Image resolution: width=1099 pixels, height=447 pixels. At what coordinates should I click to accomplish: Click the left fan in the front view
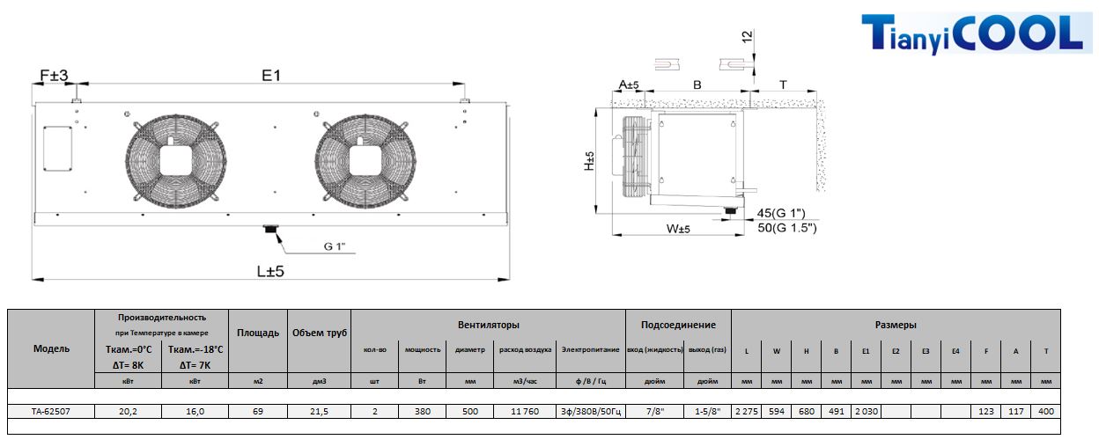pos(175,161)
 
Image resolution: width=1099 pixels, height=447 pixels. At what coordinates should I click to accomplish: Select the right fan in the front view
pos(365,161)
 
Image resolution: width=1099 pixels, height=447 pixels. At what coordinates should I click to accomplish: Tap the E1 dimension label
pos(271,76)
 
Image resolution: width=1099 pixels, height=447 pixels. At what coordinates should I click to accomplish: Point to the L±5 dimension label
pos(270,271)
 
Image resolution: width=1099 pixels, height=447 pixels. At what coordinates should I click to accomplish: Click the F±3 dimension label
pos(54,76)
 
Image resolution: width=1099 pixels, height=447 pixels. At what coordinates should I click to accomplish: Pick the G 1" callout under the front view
pos(335,246)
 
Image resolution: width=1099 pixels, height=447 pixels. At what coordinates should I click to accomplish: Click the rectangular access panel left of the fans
pos(57,149)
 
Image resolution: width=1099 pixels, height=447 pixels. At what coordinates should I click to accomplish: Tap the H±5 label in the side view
pos(589,161)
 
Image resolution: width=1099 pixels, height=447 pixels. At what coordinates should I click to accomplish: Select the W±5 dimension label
pos(678,229)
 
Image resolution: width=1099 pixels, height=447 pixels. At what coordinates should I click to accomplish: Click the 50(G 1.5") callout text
pos(787,227)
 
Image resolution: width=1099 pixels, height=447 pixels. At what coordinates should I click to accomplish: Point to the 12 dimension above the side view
pos(747,37)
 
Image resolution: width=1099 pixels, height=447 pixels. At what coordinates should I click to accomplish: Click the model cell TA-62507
pos(51,411)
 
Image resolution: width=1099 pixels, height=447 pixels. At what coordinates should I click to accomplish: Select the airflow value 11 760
pos(525,411)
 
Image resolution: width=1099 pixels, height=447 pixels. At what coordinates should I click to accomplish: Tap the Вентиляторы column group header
pos(488,325)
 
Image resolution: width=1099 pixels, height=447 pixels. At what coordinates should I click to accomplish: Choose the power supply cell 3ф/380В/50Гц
pos(591,411)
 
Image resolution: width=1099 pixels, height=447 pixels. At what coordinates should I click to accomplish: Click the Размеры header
pos(896,325)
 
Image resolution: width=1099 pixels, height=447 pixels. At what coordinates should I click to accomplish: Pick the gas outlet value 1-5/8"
pos(707,411)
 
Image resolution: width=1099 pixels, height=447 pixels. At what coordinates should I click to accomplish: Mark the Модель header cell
pos(51,348)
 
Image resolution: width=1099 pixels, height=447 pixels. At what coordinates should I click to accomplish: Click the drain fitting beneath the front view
pos(271,229)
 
